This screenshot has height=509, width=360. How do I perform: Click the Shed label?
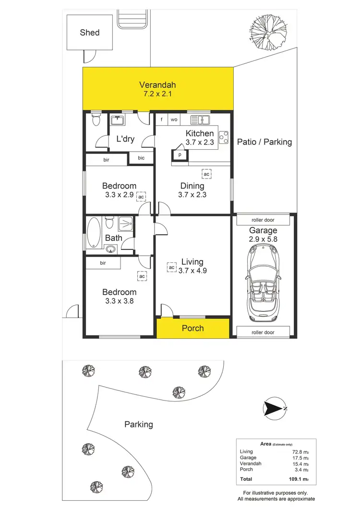[90, 33]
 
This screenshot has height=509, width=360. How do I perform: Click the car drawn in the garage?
[263, 283]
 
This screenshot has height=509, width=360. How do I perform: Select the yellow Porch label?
[192, 328]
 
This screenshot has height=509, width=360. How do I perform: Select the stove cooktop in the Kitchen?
[223, 138]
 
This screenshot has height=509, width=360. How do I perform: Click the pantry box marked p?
[180, 155]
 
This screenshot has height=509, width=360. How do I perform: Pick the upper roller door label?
[263, 220]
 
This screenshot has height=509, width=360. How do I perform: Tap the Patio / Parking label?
[264, 142]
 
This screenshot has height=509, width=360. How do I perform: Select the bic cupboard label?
[141, 158]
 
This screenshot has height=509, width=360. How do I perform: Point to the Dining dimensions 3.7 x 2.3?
[192, 195]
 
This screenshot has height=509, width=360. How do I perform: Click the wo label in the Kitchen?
[175, 120]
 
